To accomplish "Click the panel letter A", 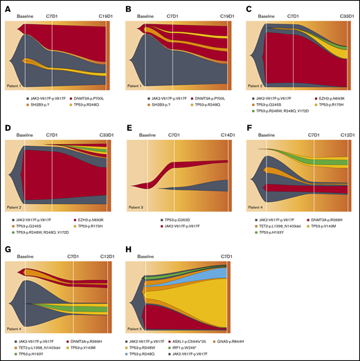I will click(7, 10).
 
